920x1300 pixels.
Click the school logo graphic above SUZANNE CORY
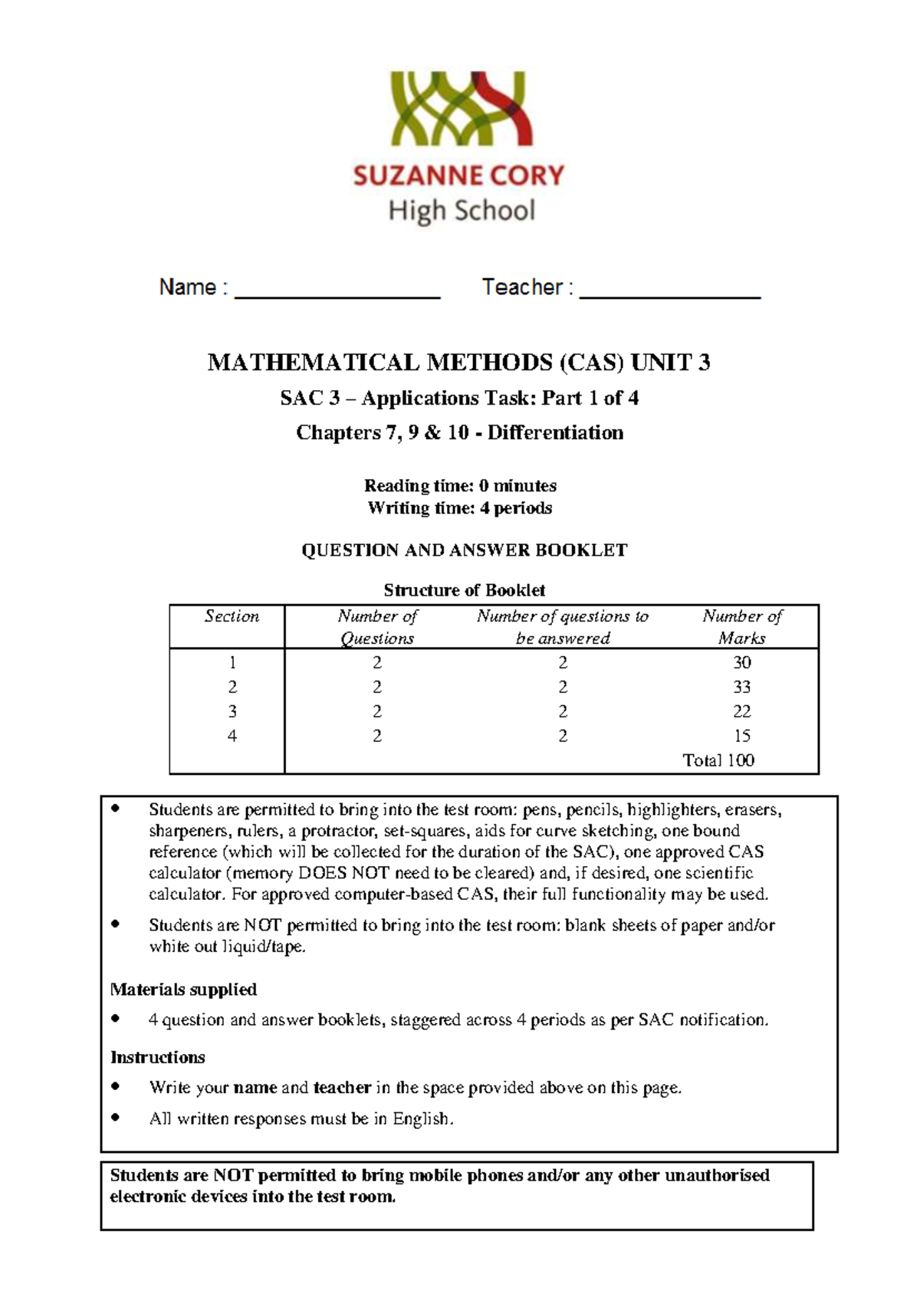[462, 108]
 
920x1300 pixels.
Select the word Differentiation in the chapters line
[555, 433]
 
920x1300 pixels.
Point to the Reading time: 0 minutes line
[460, 485]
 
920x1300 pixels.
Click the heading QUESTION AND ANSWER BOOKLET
[464, 550]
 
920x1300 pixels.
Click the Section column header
[232, 617]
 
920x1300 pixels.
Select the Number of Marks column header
[741, 627]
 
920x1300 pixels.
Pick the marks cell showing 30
[741, 662]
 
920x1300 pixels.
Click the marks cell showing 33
[741, 687]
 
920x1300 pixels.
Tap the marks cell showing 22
[741, 711]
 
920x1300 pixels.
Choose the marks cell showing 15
[741, 736]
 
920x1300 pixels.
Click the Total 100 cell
[718, 760]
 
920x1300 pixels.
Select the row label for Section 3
[232, 711]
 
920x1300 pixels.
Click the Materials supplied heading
[183, 990]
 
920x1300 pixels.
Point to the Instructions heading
[157, 1058]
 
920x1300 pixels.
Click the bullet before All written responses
[116, 1118]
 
